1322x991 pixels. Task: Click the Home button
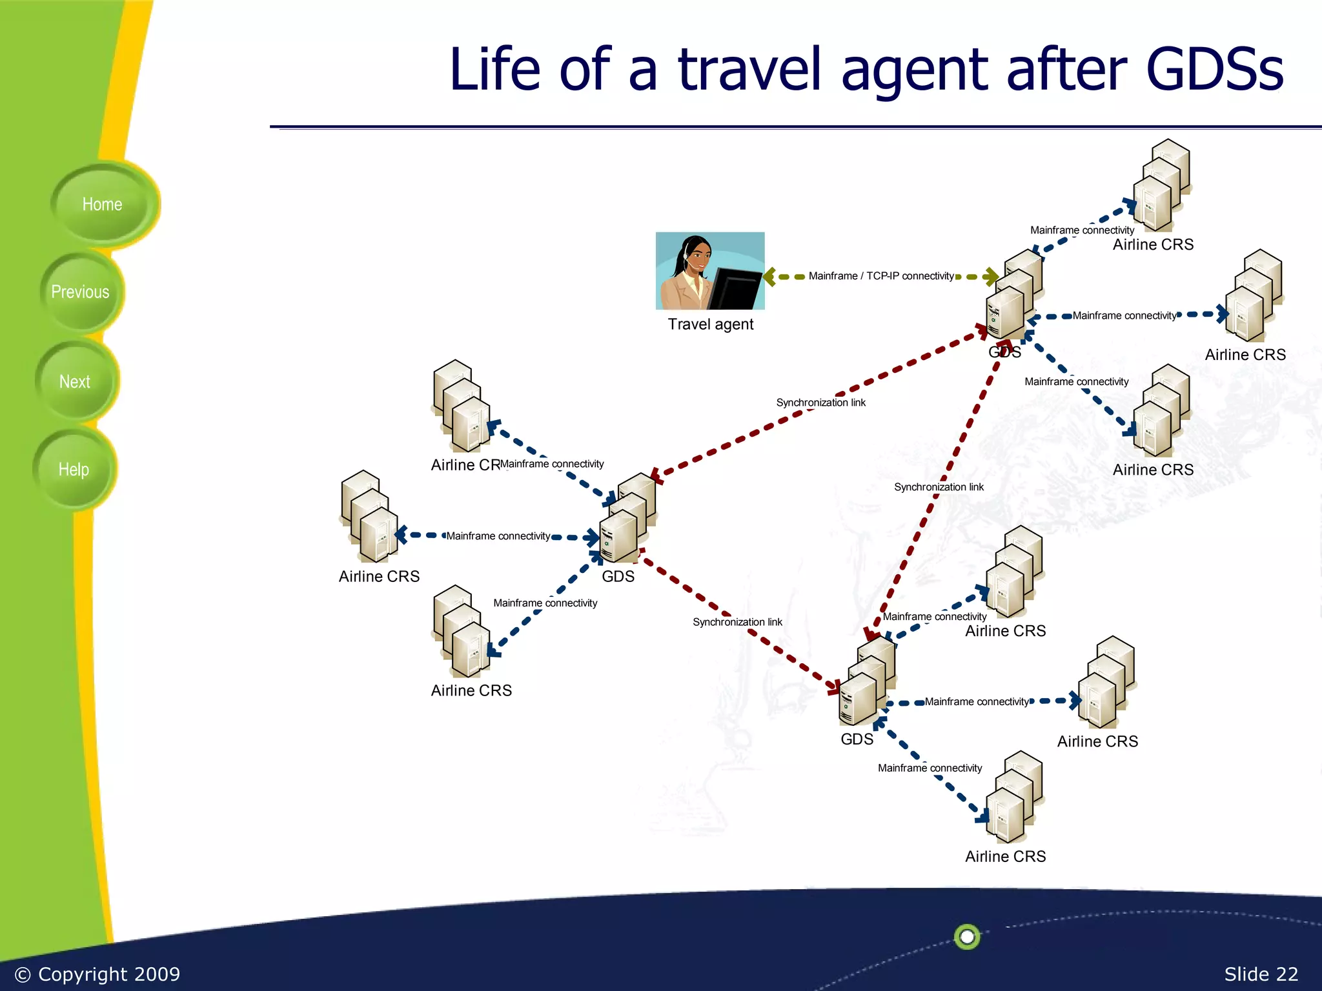(x=102, y=205)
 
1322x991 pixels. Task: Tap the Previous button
(x=80, y=292)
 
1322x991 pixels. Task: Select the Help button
(x=74, y=470)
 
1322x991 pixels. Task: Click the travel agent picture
(x=710, y=271)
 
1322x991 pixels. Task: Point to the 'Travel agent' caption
(x=710, y=324)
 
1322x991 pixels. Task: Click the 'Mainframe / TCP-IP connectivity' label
(x=881, y=276)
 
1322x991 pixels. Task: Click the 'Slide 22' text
(x=1261, y=974)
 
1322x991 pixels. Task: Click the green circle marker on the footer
(x=967, y=936)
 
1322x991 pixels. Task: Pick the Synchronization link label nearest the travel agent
(x=820, y=403)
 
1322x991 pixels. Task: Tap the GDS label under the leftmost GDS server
(x=618, y=576)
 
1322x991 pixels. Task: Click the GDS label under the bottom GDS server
(x=857, y=739)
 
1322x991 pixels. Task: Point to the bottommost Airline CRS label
(x=1005, y=856)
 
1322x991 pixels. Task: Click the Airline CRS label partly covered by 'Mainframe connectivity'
(x=465, y=465)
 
